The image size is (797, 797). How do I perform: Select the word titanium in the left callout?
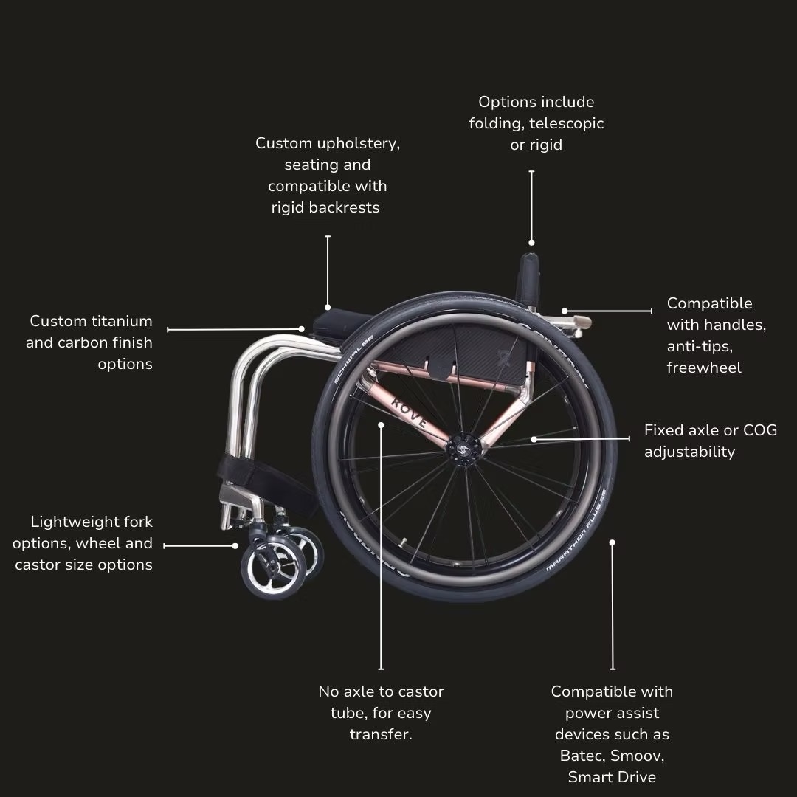(x=122, y=321)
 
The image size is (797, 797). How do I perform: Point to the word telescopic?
(x=567, y=123)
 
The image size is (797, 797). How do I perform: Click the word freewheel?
(x=704, y=368)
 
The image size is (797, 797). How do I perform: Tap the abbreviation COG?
(x=760, y=430)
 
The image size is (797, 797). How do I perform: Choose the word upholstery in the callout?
(x=359, y=143)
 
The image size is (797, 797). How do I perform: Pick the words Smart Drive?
(x=612, y=777)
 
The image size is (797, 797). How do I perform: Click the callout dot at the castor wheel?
(x=235, y=546)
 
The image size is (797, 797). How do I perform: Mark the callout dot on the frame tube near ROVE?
(x=382, y=424)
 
